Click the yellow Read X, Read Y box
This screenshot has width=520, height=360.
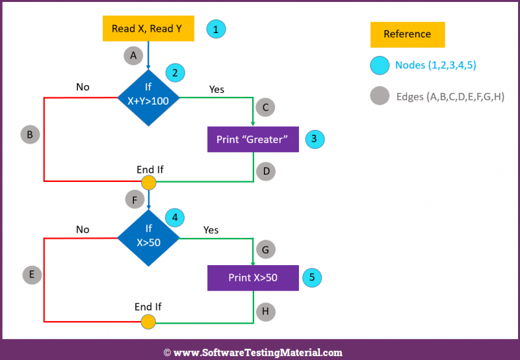(148, 29)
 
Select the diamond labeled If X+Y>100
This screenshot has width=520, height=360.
(148, 97)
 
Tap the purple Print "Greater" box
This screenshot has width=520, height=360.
(253, 139)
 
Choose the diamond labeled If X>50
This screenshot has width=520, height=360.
(149, 238)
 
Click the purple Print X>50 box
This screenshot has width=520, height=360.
(253, 277)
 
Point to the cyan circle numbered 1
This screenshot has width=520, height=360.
(216, 29)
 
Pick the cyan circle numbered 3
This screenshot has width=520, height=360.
(315, 139)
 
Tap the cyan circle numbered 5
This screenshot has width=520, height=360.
(312, 277)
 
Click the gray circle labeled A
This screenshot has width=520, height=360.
(133, 55)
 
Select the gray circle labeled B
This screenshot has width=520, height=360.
(30, 135)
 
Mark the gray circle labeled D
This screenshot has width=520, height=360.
(266, 172)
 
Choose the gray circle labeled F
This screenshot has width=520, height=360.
(135, 199)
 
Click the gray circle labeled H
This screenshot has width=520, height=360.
(266, 312)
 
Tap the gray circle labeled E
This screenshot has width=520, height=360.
(32, 274)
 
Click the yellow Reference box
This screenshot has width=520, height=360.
(408, 34)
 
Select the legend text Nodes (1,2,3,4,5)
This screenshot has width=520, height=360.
(435, 65)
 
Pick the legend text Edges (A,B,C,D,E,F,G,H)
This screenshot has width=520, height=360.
(450, 96)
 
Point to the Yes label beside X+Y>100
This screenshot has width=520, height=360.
(216, 89)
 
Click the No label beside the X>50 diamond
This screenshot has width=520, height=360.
(83, 229)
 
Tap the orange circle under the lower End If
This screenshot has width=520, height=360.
(148, 322)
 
